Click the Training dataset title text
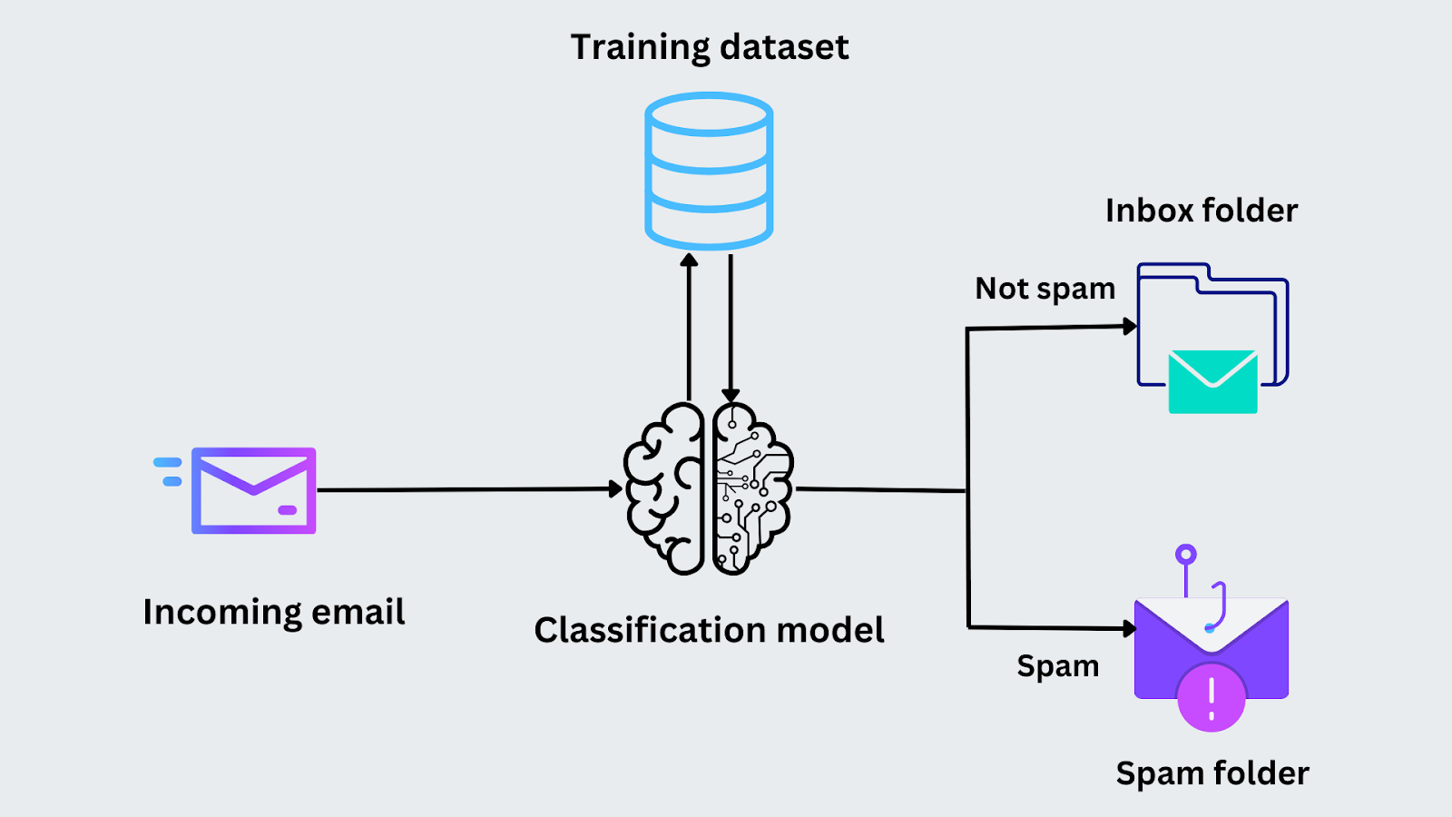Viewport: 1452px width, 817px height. [x=709, y=47]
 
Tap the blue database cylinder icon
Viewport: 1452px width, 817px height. [x=709, y=171]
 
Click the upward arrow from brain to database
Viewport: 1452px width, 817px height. [x=689, y=327]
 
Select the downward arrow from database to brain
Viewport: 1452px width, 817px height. [x=731, y=327]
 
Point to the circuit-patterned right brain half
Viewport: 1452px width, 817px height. [x=751, y=489]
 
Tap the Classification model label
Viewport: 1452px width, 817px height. [x=709, y=630]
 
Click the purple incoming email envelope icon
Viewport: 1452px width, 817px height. [x=254, y=490]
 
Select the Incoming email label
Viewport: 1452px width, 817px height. [x=273, y=612]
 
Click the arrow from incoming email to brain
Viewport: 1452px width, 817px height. [x=467, y=489]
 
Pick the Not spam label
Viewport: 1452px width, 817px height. [x=1045, y=289]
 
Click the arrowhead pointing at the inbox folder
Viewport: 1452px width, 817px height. [x=1129, y=326]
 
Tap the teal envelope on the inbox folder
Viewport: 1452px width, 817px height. [x=1212, y=382]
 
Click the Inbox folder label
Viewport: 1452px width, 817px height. [x=1201, y=211]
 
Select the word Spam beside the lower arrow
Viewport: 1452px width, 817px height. [x=1057, y=666]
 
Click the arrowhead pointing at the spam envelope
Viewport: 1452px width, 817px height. [x=1129, y=627]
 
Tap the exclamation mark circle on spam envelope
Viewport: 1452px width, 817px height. [x=1211, y=697]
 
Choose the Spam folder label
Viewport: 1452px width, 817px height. [x=1212, y=773]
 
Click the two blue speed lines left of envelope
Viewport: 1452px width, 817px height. [x=169, y=471]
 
